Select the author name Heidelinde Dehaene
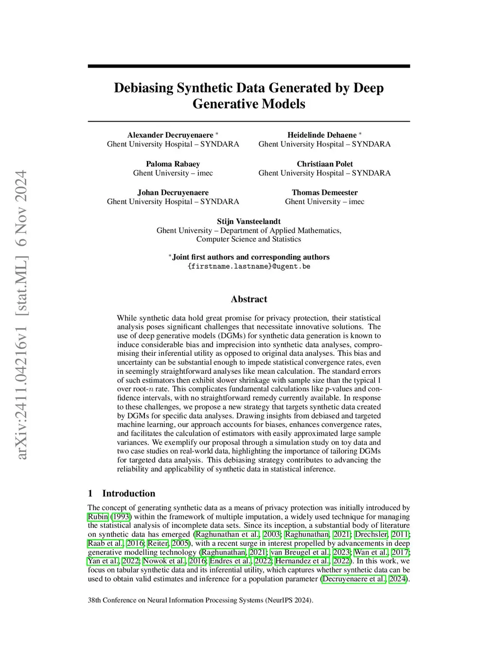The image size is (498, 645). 322,135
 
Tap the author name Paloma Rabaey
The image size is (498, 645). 173,164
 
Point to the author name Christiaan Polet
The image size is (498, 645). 325,164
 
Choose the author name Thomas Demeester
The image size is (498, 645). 324,193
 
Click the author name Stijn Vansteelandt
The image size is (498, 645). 249,221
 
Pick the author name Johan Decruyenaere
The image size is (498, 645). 173,193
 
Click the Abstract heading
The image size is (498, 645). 249,299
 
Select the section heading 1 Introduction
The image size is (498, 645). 122,493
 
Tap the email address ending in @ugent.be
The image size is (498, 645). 249,266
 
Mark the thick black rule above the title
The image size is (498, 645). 249,66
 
